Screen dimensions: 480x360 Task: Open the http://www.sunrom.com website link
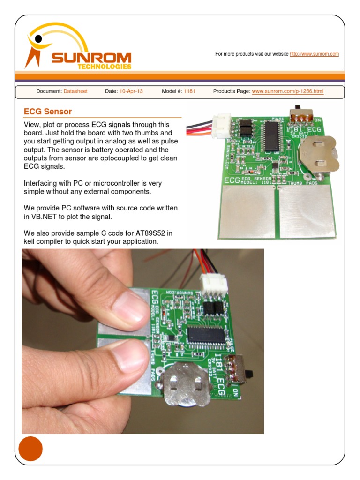pos(314,54)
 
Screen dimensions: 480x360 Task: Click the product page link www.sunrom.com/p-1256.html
pos(287,91)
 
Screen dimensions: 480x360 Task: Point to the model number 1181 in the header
pos(189,91)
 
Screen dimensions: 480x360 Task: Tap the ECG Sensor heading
pos(48,112)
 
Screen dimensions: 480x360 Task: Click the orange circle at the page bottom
pos(30,449)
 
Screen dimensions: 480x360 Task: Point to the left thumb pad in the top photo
pos(248,210)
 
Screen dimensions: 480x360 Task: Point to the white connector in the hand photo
pos(214,285)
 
